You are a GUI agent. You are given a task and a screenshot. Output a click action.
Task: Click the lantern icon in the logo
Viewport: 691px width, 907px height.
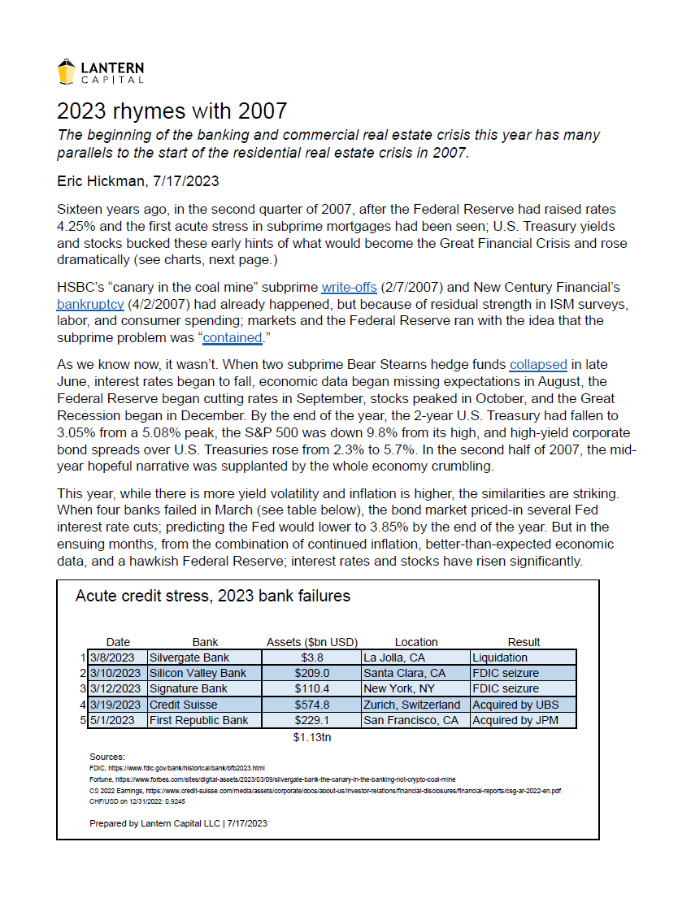point(67,72)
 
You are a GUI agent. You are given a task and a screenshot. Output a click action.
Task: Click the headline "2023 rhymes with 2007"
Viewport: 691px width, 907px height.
point(172,111)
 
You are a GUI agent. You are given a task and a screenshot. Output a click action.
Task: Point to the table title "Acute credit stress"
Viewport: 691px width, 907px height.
point(212,596)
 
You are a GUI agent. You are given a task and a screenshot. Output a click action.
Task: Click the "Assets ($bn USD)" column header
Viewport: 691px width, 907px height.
point(312,642)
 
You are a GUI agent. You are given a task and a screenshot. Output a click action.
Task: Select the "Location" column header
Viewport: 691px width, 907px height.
point(416,642)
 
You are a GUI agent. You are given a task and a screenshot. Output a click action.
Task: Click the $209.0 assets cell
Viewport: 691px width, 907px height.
point(312,673)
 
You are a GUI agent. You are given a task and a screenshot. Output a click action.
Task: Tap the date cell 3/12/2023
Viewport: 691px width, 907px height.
point(116,688)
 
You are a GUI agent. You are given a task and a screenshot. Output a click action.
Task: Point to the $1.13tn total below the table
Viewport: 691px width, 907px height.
point(312,738)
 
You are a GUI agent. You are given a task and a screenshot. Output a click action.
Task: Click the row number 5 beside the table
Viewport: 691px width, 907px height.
point(83,720)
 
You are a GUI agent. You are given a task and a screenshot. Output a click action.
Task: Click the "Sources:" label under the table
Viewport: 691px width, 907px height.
point(107,757)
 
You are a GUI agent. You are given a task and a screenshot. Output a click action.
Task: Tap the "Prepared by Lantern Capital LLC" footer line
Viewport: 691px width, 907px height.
point(178,823)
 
